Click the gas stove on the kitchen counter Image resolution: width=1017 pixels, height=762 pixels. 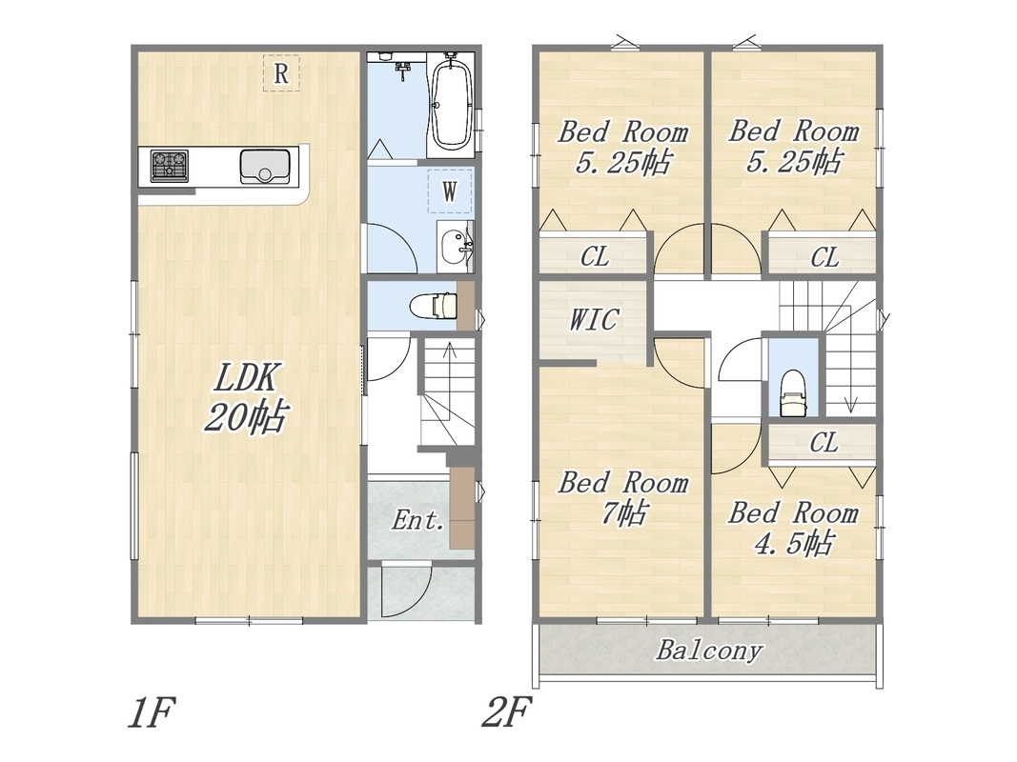[x=170, y=166]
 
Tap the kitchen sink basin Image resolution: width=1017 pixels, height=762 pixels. [x=265, y=167]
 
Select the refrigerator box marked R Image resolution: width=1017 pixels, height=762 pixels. [x=281, y=73]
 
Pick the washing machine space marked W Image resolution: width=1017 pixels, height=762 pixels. [x=450, y=191]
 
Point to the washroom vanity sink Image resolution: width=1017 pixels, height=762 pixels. [x=457, y=247]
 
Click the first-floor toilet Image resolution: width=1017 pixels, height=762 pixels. [x=435, y=305]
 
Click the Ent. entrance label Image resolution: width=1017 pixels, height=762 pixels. [x=418, y=520]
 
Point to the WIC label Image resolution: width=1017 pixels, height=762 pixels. [x=594, y=319]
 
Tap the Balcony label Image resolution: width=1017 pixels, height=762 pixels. [x=709, y=650]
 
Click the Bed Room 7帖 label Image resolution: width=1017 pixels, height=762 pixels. [x=623, y=498]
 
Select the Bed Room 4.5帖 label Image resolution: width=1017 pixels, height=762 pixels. [x=793, y=528]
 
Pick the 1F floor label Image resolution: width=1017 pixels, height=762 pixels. [x=152, y=712]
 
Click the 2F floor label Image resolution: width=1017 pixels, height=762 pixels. [x=506, y=712]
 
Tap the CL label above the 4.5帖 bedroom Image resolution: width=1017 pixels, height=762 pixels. [x=824, y=443]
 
